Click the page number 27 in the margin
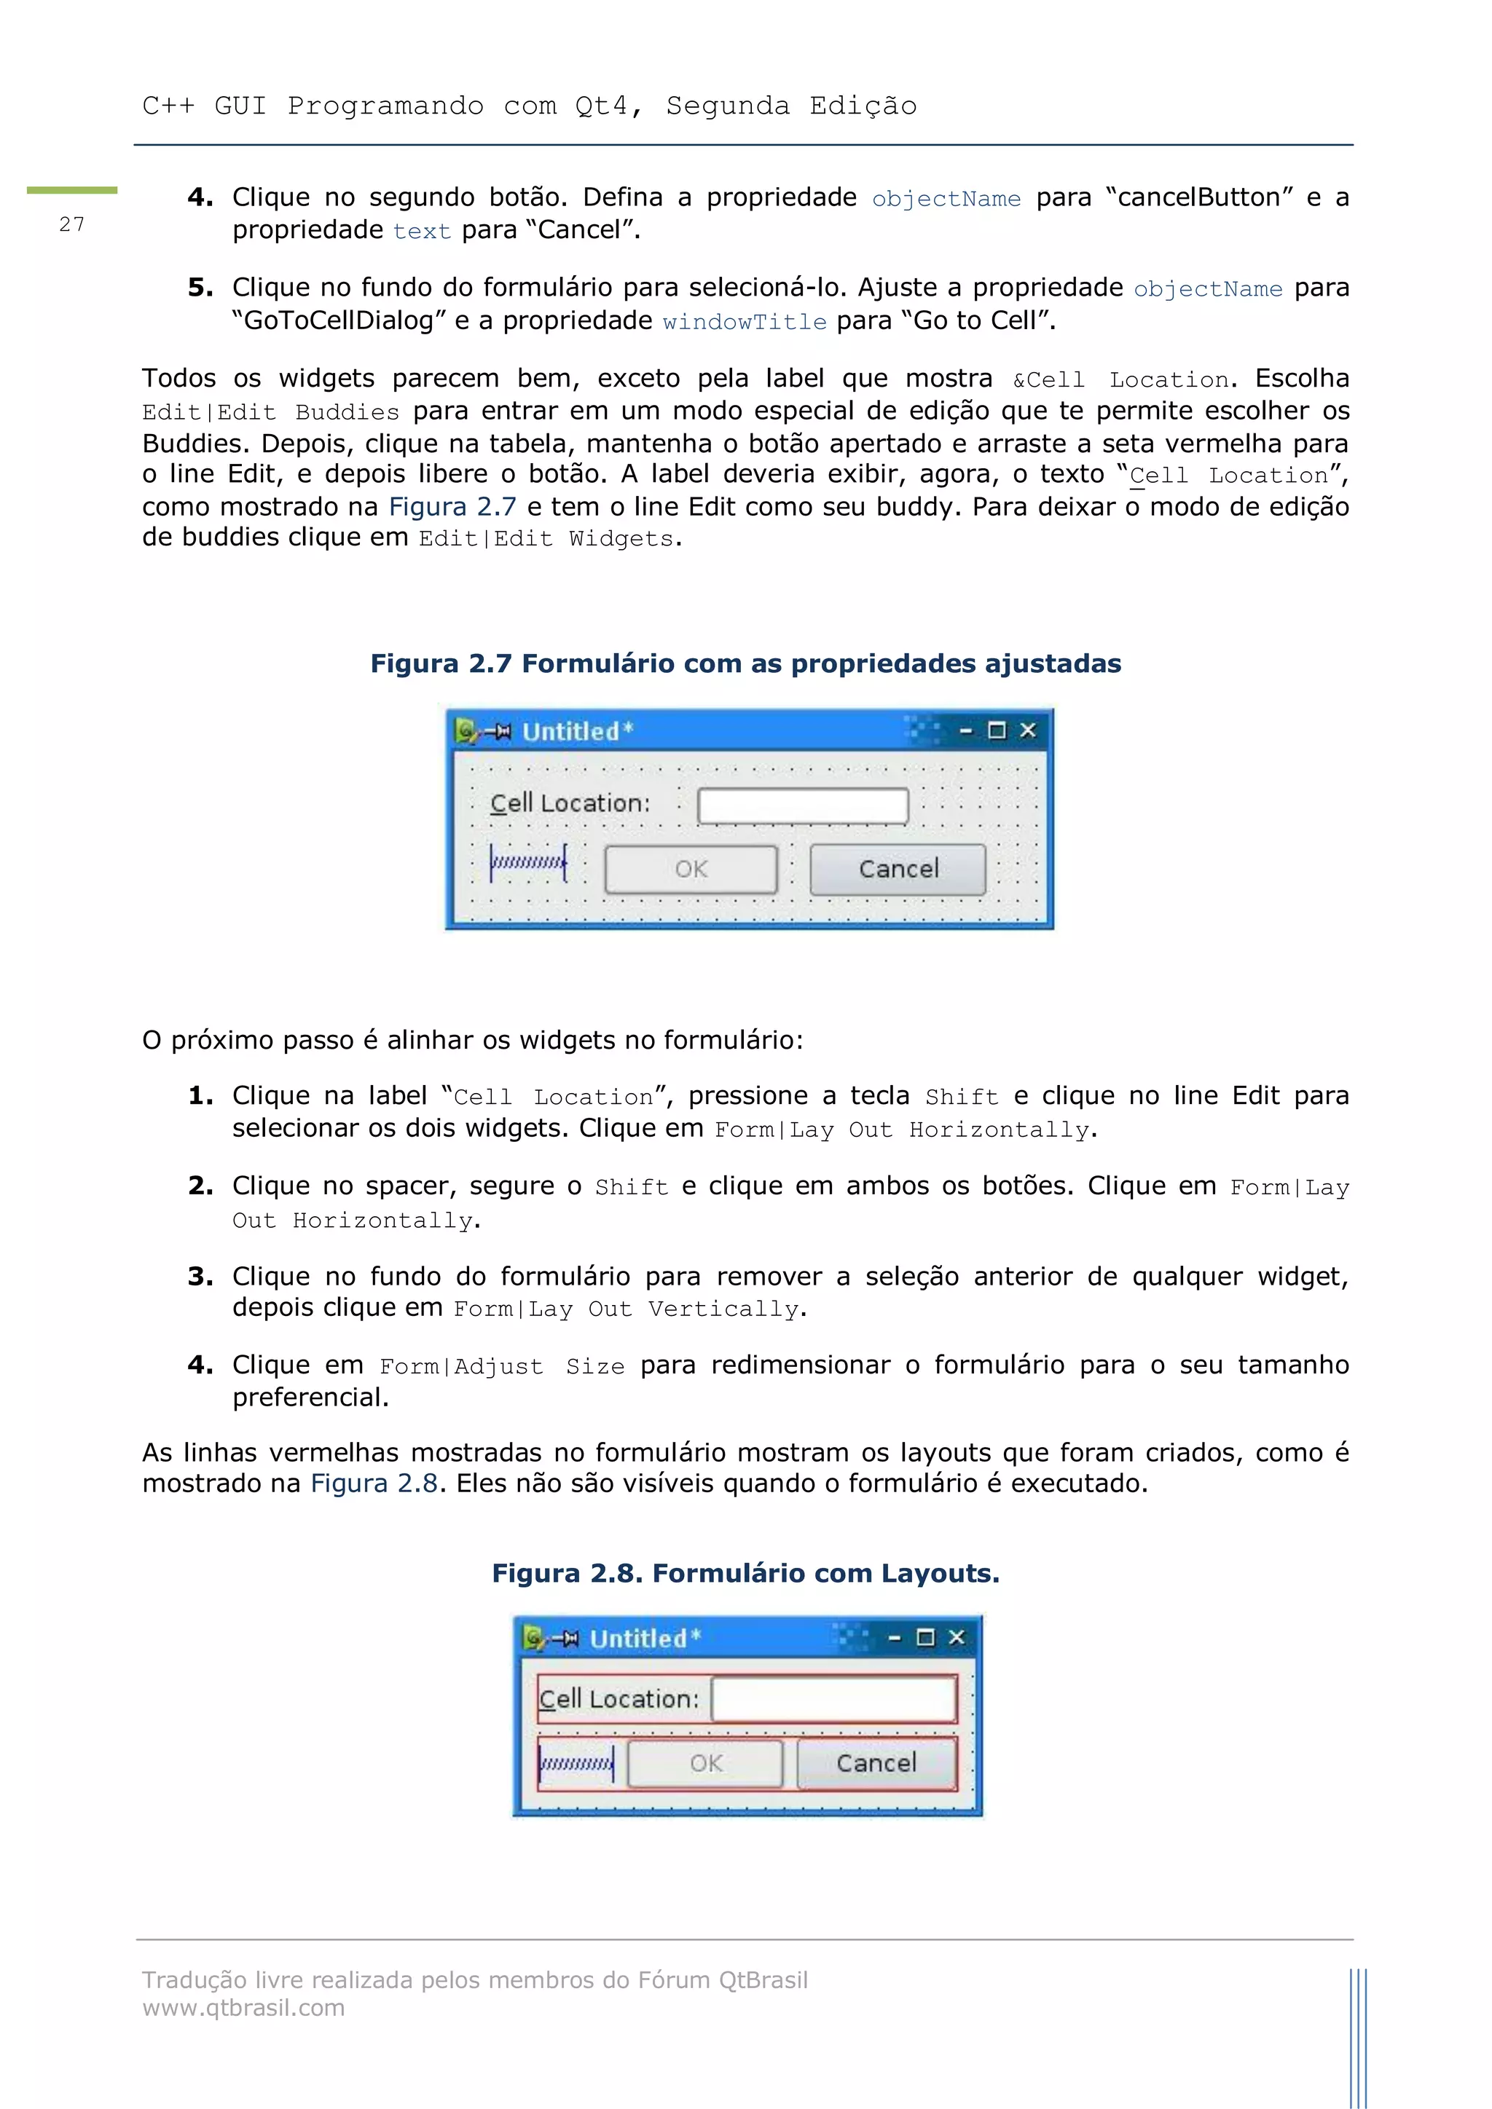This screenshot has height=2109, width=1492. point(71,224)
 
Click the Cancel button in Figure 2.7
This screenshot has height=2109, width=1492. point(898,869)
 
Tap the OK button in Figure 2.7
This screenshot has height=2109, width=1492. point(691,869)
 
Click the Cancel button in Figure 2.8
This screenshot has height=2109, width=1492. point(876,1762)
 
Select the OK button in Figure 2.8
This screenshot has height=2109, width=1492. point(706,1762)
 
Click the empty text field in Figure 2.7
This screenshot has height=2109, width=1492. point(802,805)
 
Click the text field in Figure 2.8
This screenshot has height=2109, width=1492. point(833,1698)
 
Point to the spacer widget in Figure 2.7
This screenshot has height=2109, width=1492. point(528,862)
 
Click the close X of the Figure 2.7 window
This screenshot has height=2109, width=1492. point(1028,730)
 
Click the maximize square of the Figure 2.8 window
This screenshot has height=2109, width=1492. point(925,1637)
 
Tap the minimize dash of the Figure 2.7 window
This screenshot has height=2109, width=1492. point(965,731)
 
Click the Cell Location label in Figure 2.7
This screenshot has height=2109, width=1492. point(570,803)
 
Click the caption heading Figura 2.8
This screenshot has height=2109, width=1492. point(745,1574)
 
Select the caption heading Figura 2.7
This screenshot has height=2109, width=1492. point(745,663)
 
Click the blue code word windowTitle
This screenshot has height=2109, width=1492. point(744,321)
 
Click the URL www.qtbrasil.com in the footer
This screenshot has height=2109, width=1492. point(243,2008)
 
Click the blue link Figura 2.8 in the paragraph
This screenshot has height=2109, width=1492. point(374,1483)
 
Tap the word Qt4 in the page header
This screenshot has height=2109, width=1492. point(601,106)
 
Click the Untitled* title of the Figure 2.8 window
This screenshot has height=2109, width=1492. point(644,1639)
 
